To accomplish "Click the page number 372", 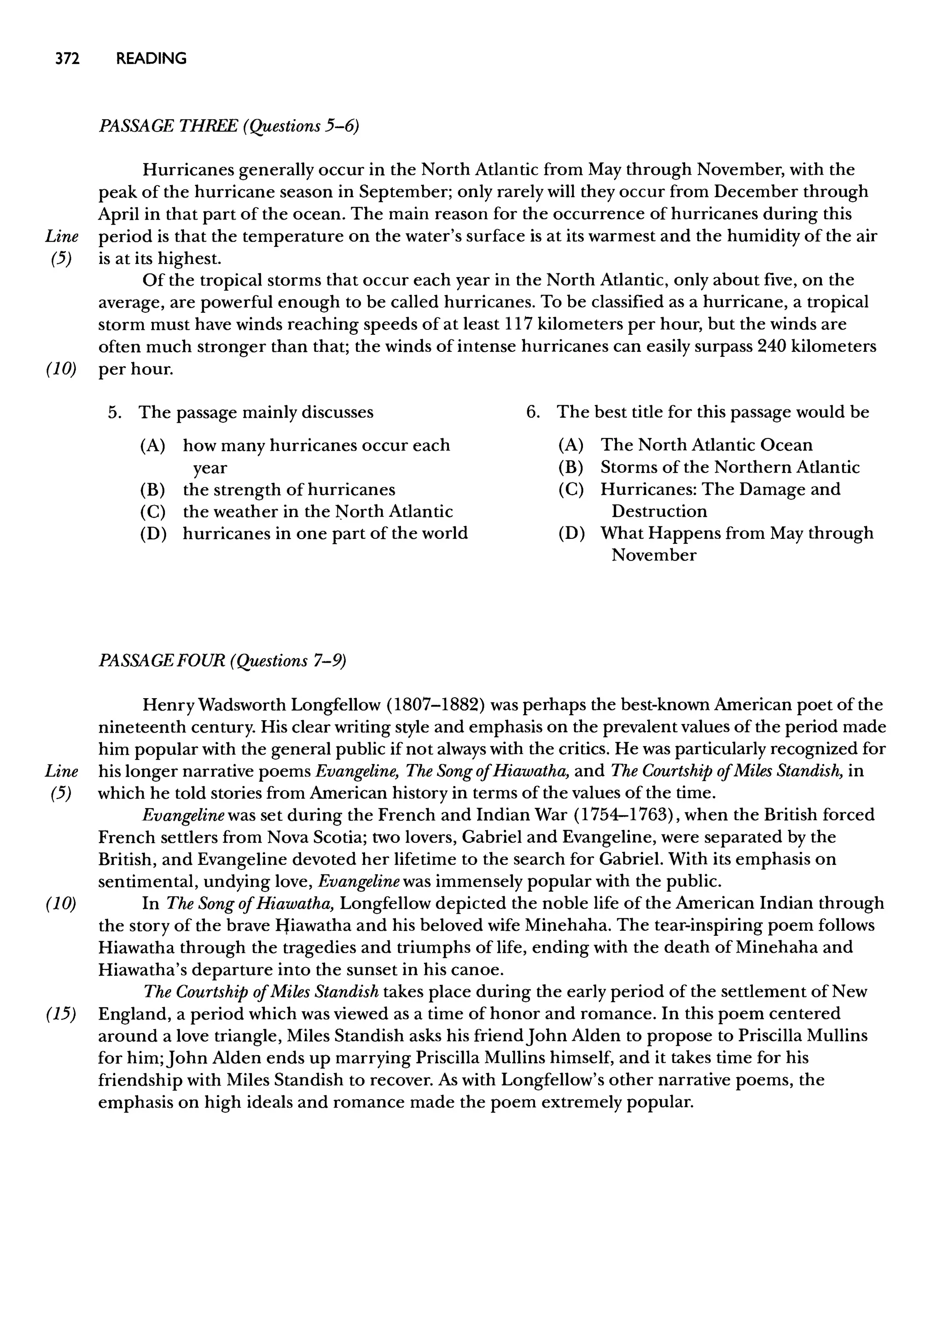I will point(67,58).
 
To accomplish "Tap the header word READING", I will point(151,58).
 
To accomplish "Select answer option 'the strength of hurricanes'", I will point(289,490).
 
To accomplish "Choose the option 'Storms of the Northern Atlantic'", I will point(730,467).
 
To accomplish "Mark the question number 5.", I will point(114,412).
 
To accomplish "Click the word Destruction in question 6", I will point(659,511).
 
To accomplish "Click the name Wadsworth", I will point(242,705).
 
